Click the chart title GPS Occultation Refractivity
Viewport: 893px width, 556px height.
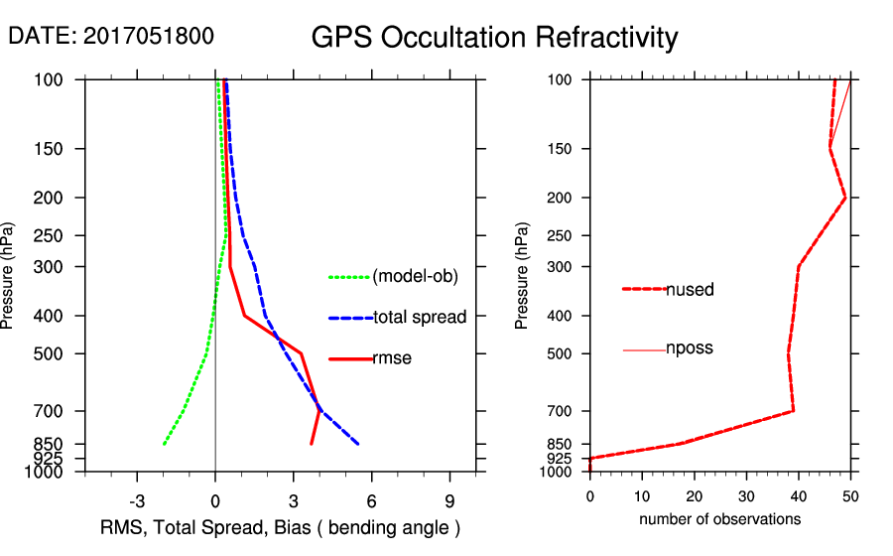[x=494, y=38]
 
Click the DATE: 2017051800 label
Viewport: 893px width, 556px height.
[x=110, y=37]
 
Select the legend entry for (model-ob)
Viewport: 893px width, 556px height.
[x=415, y=277]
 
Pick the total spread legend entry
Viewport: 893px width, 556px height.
[x=420, y=318]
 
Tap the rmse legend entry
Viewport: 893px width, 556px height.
[x=391, y=358]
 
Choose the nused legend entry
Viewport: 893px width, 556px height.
[x=690, y=290]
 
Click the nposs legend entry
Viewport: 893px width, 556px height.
[x=690, y=348]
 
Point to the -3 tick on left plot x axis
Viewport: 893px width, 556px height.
[x=137, y=500]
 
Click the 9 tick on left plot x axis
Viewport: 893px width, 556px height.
[x=449, y=500]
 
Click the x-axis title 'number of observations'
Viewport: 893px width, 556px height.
[x=719, y=519]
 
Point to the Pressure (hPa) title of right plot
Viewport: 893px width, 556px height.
[x=523, y=276]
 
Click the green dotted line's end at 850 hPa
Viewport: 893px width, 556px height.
[x=164, y=444]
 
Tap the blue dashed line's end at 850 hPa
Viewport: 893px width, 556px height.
[x=357, y=444]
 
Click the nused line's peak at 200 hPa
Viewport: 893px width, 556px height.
[x=845, y=199]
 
